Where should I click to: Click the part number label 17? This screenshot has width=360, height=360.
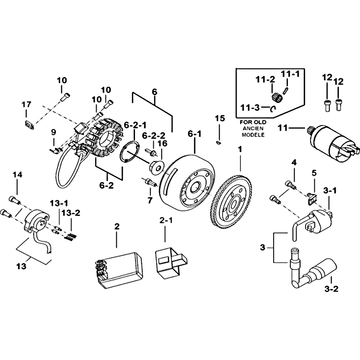(x=26, y=104)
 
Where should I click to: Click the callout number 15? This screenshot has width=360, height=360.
(x=219, y=118)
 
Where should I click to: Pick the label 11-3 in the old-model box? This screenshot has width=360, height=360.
(x=249, y=108)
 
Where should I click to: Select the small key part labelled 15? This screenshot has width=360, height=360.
(x=219, y=142)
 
